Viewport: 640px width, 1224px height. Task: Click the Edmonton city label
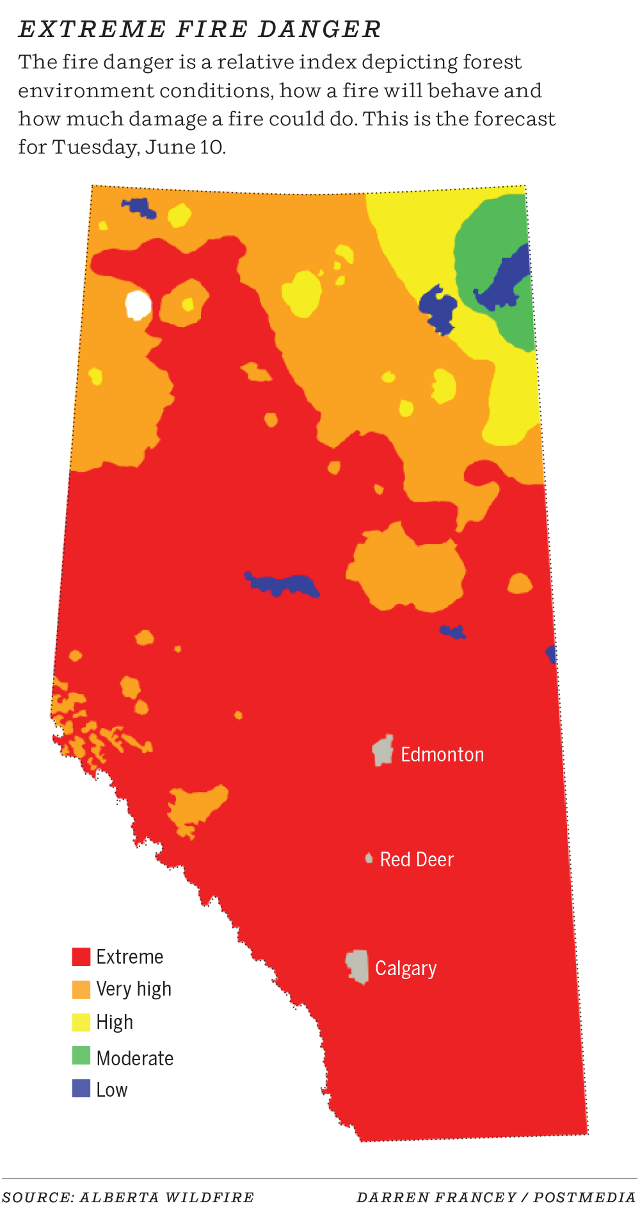(x=442, y=755)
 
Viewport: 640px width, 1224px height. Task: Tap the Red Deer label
(x=417, y=859)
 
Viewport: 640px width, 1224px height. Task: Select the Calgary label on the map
(x=406, y=969)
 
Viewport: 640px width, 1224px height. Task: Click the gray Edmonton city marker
(x=383, y=751)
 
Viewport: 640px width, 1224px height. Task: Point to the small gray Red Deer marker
(x=369, y=858)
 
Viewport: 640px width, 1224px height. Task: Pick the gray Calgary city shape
(x=358, y=966)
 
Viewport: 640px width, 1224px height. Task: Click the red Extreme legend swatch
(x=81, y=957)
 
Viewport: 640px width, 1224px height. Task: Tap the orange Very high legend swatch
(x=81, y=989)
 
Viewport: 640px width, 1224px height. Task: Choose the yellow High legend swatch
(x=81, y=1022)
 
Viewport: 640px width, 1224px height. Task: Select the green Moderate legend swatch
(x=81, y=1056)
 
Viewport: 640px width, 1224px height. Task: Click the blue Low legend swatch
(x=81, y=1088)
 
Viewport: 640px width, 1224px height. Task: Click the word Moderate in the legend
(x=134, y=1058)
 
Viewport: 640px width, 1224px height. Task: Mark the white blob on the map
(x=138, y=305)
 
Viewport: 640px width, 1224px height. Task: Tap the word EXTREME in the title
(x=92, y=29)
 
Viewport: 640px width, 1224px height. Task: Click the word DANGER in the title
(x=319, y=29)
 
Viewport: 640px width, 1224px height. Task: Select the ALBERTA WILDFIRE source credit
(x=166, y=1198)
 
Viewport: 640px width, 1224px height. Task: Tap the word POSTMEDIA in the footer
(x=584, y=1198)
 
